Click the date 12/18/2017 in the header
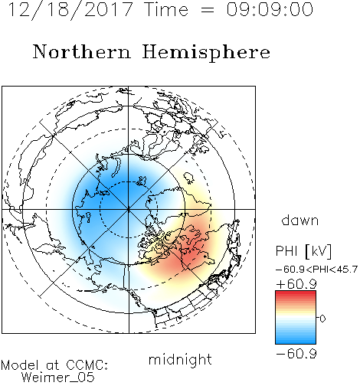pyautogui.click(x=70, y=10)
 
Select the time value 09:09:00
pyautogui.click(x=270, y=9)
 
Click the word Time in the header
pyautogui.click(x=166, y=9)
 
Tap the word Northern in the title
pyautogui.click(x=81, y=51)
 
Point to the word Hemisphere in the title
pyautogui.click(x=206, y=53)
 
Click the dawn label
pyautogui.click(x=300, y=220)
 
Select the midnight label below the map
pyautogui.click(x=180, y=359)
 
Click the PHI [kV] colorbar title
pyautogui.click(x=303, y=251)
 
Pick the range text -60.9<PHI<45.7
pyautogui.click(x=316, y=270)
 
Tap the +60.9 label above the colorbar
pyautogui.click(x=296, y=284)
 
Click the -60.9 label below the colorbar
pyautogui.click(x=296, y=354)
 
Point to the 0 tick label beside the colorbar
pyautogui.click(x=322, y=319)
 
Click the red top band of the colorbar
pyautogui.click(x=296, y=293)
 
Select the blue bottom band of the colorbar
pyautogui.click(x=296, y=341)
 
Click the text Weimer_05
pyautogui.click(x=58, y=377)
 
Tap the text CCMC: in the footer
pyautogui.click(x=87, y=365)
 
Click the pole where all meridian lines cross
pyautogui.click(x=129, y=210)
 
